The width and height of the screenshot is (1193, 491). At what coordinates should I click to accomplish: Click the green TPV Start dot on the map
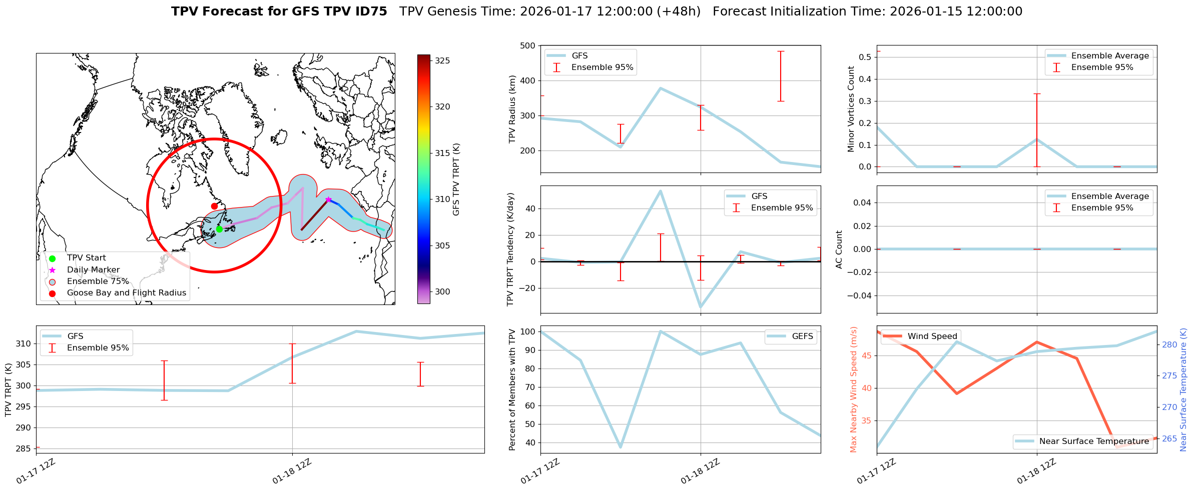[x=219, y=229]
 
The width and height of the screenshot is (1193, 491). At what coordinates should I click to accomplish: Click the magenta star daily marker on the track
[x=328, y=199]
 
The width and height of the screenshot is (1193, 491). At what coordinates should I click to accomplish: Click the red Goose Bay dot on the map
[x=214, y=206]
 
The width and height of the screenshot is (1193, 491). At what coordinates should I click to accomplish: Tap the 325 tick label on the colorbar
[x=442, y=60]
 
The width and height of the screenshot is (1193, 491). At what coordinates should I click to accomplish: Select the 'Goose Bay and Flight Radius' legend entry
[x=126, y=293]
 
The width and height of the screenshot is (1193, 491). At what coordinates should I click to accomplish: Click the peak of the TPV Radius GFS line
[x=661, y=88]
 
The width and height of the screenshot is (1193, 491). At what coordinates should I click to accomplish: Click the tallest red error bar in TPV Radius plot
[x=781, y=76]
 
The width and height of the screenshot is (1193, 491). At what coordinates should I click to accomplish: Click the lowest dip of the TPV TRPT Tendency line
[x=701, y=307]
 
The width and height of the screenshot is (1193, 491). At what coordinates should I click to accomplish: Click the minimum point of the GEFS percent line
[x=621, y=447]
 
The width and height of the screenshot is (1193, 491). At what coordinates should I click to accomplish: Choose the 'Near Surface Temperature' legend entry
[x=1094, y=441]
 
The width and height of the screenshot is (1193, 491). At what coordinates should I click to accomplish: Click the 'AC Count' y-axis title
[x=839, y=249]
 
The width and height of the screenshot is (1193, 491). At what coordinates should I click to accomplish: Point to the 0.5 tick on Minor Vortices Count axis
[x=864, y=57]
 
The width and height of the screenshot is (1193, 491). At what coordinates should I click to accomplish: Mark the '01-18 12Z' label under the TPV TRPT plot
[x=292, y=471]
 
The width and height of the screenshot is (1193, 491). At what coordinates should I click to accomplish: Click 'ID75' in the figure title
[x=370, y=11]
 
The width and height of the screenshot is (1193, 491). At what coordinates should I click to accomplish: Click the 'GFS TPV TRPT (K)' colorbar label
[x=456, y=179]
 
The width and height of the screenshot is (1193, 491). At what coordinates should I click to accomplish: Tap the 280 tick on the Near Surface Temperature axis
[x=1169, y=344]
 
